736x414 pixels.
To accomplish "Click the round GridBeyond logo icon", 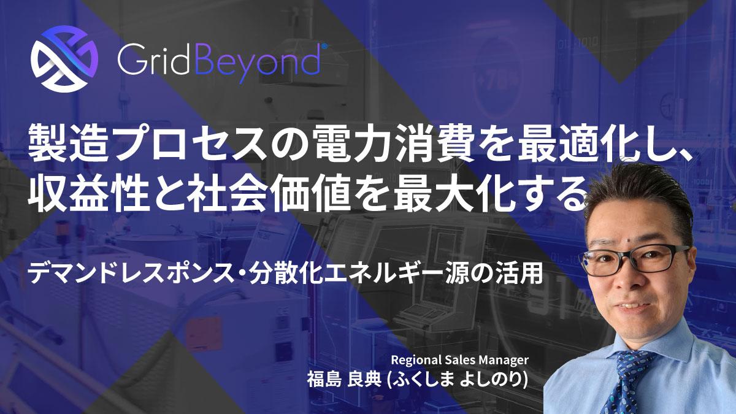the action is (64, 59).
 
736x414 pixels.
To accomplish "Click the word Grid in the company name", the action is (153, 60).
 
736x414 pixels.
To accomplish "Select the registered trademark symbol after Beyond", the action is (324, 47).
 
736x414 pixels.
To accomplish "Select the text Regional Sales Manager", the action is (459, 360).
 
